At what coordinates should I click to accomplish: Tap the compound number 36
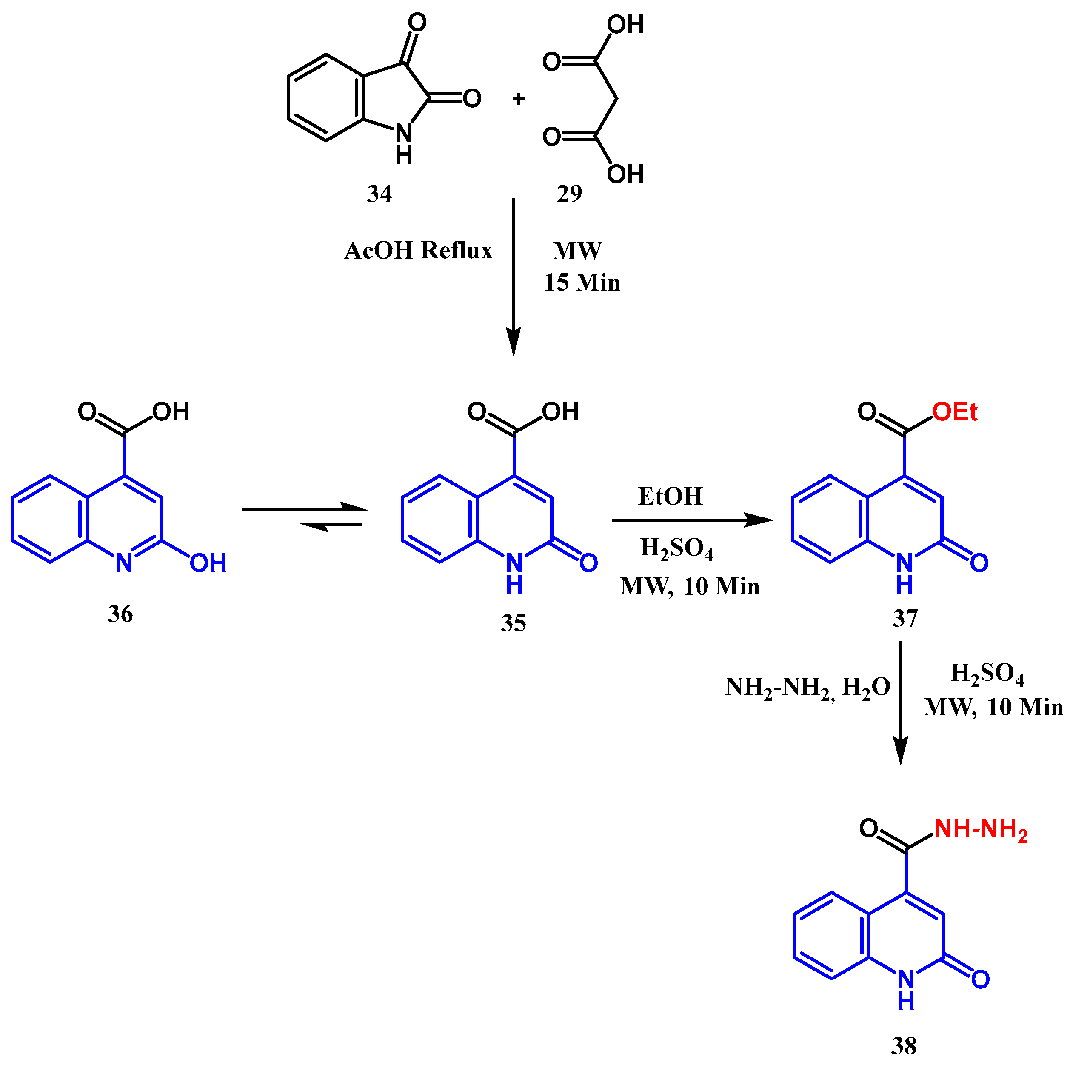click(120, 614)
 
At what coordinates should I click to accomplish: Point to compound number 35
click(514, 623)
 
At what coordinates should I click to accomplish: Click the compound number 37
click(905, 618)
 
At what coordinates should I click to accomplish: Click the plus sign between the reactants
click(518, 99)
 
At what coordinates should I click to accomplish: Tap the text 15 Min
click(582, 283)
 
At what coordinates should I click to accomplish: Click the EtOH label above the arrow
click(670, 496)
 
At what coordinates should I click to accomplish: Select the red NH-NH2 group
click(981, 829)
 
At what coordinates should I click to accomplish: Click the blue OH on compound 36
click(208, 563)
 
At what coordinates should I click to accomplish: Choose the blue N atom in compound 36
click(124, 563)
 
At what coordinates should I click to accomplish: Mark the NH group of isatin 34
click(404, 143)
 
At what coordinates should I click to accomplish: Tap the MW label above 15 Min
click(577, 251)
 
